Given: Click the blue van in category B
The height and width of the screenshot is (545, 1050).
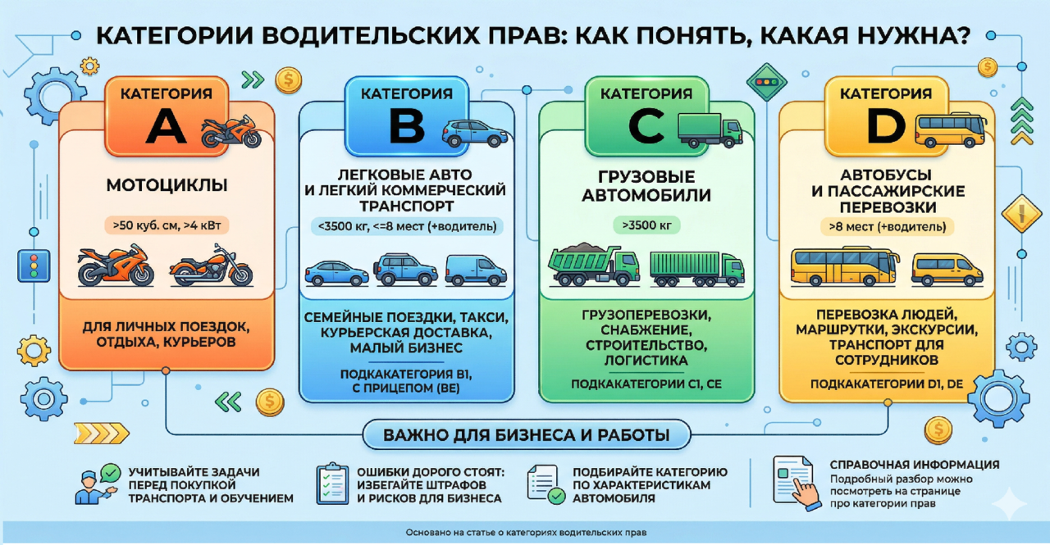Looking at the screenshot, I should [476, 270].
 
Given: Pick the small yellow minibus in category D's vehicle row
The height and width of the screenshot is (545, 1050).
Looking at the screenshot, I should [946, 269].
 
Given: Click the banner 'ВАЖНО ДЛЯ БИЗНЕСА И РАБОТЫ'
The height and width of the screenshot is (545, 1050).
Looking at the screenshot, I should [525, 434].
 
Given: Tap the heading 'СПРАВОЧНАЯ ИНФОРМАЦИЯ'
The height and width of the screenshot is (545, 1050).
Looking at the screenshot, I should [915, 465].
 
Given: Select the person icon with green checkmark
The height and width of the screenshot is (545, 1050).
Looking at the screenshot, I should [96, 484].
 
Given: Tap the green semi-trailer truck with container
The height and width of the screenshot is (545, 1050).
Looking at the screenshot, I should [697, 267].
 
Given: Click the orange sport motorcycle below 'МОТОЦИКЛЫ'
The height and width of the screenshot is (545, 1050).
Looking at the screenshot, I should [115, 266].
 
